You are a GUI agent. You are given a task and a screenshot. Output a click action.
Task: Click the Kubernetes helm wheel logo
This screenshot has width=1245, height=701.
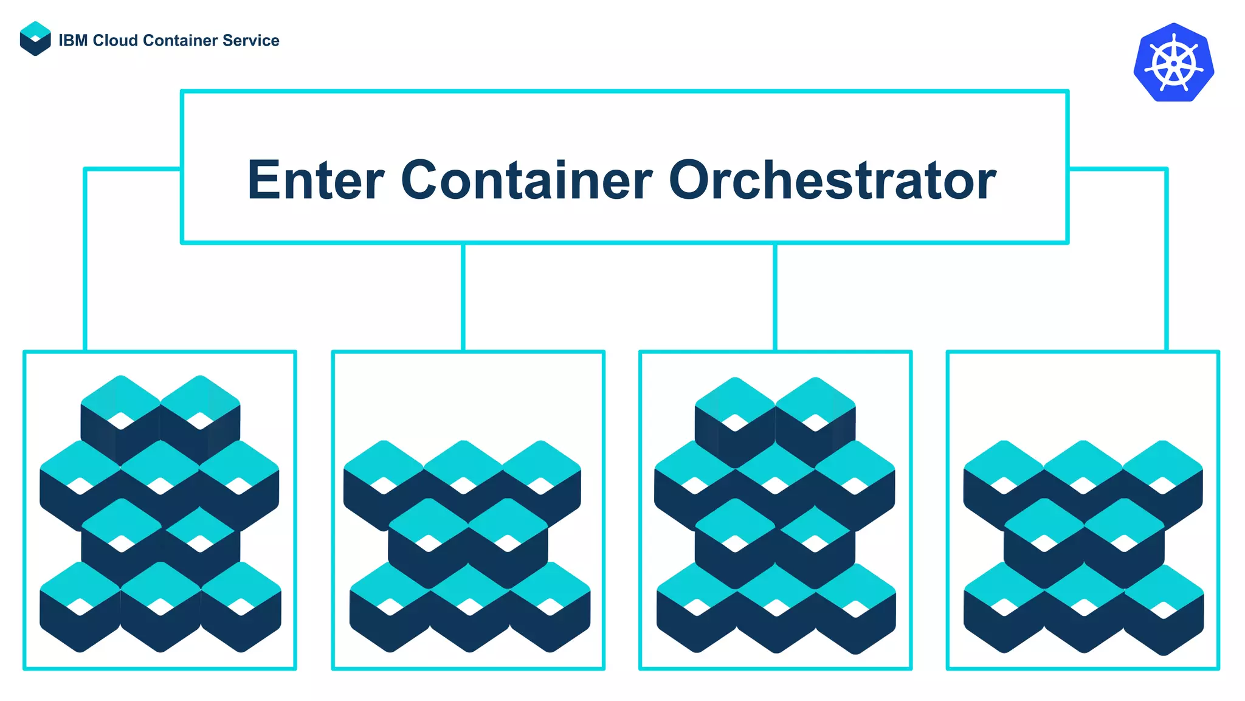(1173, 62)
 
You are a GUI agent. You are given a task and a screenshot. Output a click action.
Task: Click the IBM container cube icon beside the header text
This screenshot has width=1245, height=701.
(35, 39)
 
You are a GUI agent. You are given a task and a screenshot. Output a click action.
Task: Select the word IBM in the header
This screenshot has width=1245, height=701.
(73, 41)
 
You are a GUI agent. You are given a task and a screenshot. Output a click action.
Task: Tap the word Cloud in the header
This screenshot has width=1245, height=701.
(116, 41)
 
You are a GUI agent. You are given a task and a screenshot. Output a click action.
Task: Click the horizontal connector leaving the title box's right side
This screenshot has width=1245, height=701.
(1117, 169)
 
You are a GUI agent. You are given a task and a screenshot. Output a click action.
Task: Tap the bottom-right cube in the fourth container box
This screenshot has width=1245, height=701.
(1164, 609)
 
